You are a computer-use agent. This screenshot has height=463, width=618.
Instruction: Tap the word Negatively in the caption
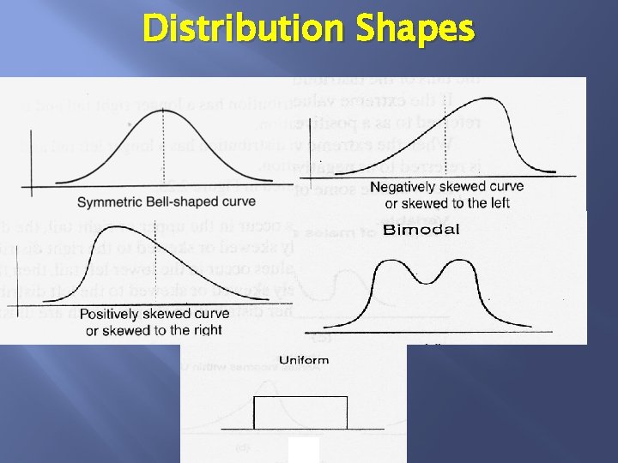point(402,187)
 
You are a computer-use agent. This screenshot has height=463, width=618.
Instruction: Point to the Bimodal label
point(421,229)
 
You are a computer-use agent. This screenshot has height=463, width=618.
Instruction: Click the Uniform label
point(305,360)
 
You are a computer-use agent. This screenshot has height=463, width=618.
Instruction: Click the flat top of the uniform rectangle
point(300,397)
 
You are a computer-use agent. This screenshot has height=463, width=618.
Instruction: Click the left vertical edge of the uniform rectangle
point(255,412)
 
